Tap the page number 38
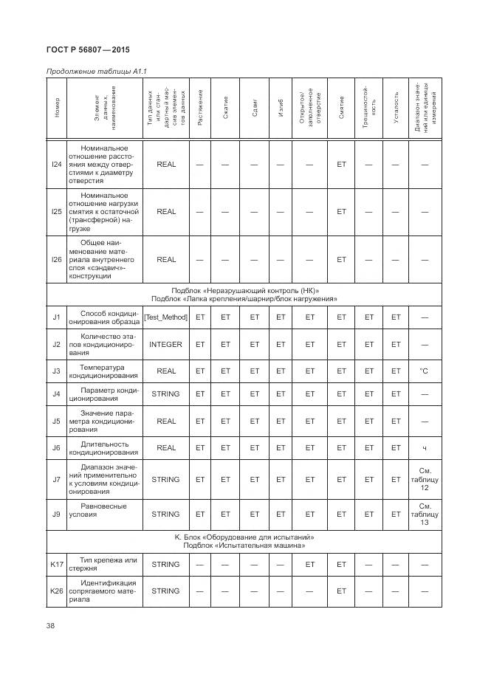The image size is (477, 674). point(51,627)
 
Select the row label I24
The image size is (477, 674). point(57,165)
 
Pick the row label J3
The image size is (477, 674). point(57,371)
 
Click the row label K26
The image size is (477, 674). point(57,591)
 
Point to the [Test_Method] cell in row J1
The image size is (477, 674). point(166,317)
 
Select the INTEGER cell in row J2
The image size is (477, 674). point(166,344)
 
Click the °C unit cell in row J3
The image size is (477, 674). point(424,371)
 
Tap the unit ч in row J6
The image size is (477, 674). point(424,447)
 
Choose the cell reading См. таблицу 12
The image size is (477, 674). point(424,479)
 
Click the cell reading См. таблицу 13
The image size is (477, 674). point(424,514)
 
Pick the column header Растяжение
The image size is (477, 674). point(200,107)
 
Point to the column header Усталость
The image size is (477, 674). point(396,107)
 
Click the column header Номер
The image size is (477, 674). point(57,107)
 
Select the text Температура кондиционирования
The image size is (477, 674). point(103,371)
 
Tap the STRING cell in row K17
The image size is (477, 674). point(166,564)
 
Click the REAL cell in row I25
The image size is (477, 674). point(166,212)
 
